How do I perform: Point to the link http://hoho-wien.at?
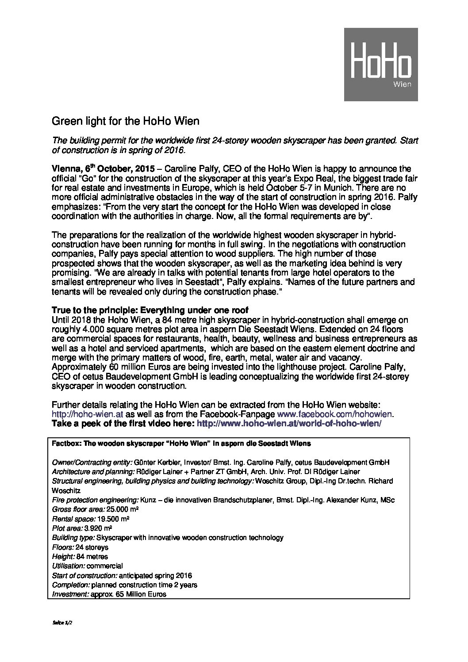[88, 414]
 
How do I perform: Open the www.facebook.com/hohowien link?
[334, 414]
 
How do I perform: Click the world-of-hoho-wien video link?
[288, 423]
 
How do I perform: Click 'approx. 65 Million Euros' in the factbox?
[128, 594]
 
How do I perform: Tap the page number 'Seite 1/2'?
[62, 621]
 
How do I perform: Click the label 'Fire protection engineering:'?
[95, 500]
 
